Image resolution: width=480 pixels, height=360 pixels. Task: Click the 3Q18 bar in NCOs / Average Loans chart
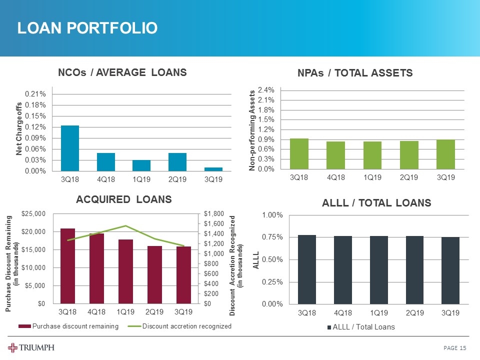click(70, 148)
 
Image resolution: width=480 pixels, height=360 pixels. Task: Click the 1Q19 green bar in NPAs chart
click(372, 155)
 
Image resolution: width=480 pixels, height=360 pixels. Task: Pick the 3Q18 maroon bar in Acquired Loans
click(67, 266)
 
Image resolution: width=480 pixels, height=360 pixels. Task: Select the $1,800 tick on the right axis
click(213, 214)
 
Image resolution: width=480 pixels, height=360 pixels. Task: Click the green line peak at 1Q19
click(126, 226)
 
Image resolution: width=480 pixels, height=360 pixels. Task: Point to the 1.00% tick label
click(272, 215)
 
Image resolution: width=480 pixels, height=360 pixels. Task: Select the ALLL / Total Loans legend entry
click(361, 327)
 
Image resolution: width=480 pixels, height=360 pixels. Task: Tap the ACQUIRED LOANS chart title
click(123, 199)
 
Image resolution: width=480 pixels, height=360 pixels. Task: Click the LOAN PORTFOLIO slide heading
click(87, 28)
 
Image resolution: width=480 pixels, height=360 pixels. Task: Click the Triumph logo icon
click(13, 348)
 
